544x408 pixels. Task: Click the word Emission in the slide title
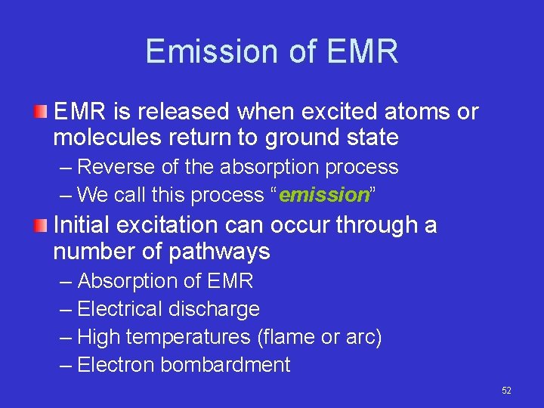pyautogui.click(x=197, y=52)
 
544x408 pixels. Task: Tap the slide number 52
pyautogui.click(x=506, y=391)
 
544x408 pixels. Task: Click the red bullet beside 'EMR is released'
pyautogui.click(x=42, y=113)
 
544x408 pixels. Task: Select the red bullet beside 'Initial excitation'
pyautogui.click(x=42, y=225)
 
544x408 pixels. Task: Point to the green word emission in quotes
pyautogui.click(x=323, y=195)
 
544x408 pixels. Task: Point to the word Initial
pyautogui.click(x=82, y=225)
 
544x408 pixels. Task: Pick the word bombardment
pyautogui.click(x=225, y=365)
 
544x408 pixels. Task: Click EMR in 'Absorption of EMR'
pyautogui.click(x=229, y=281)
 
